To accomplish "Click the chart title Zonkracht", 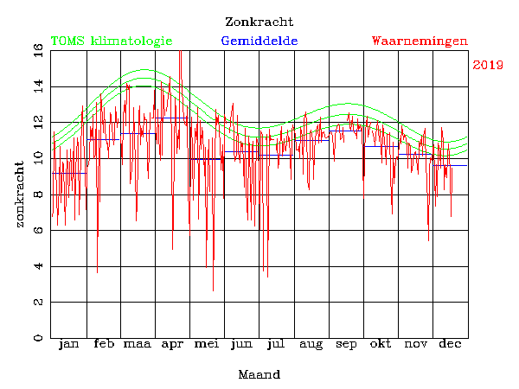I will click(x=259, y=22).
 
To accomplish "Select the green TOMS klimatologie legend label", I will click(x=111, y=41).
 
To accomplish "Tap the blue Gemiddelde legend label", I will click(x=259, y=41).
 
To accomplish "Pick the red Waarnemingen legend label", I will click(x=420, y=41).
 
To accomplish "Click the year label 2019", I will click(x=488, y=65).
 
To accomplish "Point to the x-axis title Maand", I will click(x=259, y=375).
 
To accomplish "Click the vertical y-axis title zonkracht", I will click(x=19, y=194).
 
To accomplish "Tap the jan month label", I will click(x=68, y=345).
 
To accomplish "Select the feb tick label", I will click(x=104, y=345).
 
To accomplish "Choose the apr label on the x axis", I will click(x=173, y=345).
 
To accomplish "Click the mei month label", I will click(x=208, y=345).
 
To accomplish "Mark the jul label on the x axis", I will click(x=277, y=345).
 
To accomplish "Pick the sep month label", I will click(x=346, y=345).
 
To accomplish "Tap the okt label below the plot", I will click(x=381, y=345).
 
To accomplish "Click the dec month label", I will click(x=450, y=345).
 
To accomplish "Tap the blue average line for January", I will click(x=68, y=173).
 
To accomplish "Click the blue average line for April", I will click(x=173, y=118).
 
